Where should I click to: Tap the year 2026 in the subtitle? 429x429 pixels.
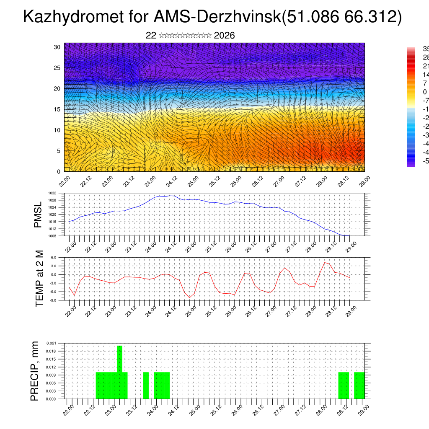224,36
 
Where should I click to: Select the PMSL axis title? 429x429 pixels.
38,215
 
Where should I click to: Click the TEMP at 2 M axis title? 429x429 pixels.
39,278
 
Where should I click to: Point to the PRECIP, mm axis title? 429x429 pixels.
35,371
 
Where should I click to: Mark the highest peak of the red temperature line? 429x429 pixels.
325,262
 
